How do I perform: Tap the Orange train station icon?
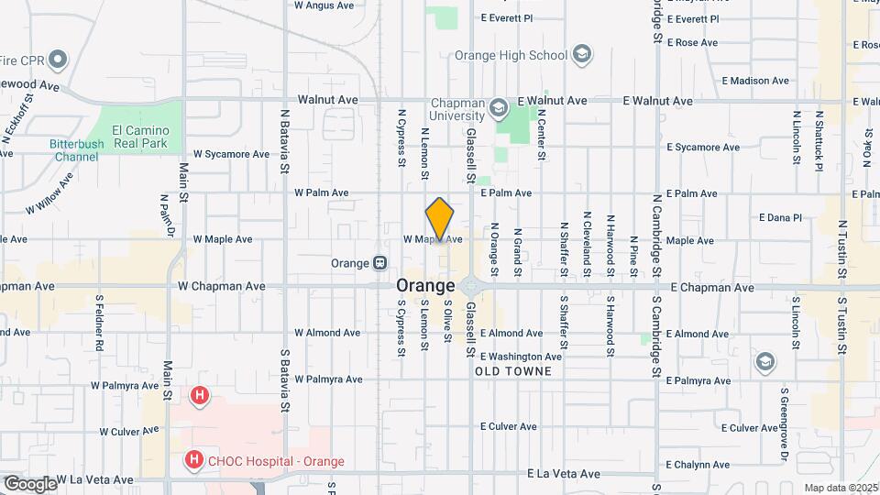(379, 263)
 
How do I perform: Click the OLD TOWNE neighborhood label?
(513, 371)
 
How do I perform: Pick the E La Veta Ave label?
(565, 474)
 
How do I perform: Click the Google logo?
(29, 483)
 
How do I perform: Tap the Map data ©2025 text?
(841, 488)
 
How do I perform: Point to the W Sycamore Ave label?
(231, 154)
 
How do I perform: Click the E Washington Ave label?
(520, 357)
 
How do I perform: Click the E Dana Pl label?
(780, 217)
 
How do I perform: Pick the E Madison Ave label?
(754, 81)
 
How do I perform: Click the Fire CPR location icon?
(58, 60)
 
